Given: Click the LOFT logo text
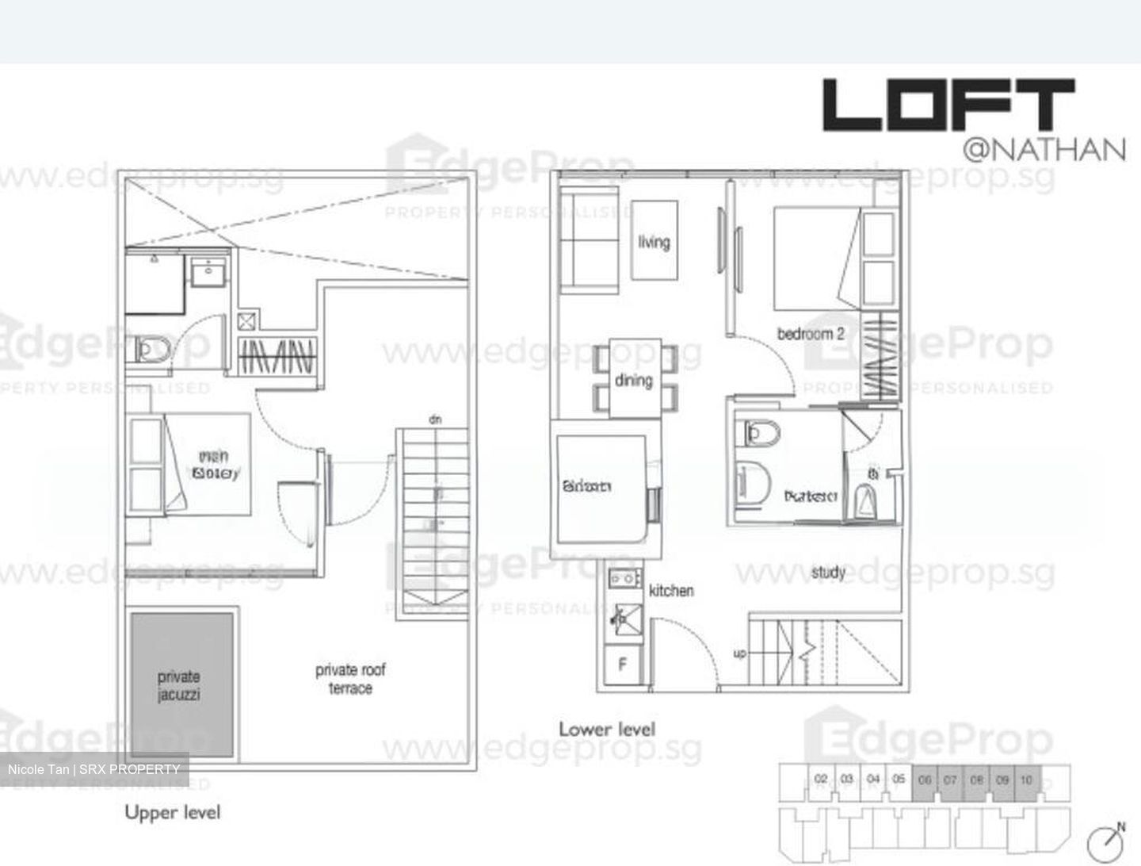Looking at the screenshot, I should [948, 105].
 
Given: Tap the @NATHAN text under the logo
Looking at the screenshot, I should [1044, 150].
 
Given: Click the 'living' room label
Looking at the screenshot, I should [654, 242].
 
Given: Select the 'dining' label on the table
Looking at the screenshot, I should [634, 381].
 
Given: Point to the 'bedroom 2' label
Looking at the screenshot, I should [810, 334].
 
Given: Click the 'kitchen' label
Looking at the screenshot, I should [671, 591].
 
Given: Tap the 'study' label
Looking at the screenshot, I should [828, 572].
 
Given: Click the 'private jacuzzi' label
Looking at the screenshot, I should [179, 685].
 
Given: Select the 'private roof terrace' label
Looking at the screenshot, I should [350, 679].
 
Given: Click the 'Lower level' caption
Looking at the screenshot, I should [607, 729].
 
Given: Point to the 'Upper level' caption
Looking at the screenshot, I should [173, 812].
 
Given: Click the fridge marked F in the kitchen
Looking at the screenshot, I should [622, 665].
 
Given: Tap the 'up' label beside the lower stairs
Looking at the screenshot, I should [739, 654].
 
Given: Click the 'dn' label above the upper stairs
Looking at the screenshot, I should [435, 420].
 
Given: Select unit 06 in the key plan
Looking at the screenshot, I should [925, 780].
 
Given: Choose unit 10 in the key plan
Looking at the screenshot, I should [1026, 780].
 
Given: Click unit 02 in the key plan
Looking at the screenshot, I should [821, 780].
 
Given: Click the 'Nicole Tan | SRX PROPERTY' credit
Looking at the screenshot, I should [93, 769].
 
